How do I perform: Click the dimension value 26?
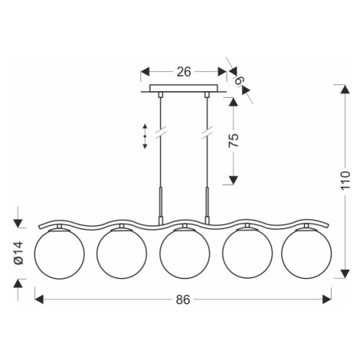[184, 72]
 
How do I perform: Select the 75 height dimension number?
[234, 140]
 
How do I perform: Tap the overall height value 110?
[345, 180]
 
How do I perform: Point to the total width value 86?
[183, 299]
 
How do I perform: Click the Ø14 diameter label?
[19, 253]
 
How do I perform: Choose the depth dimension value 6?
[239, 81]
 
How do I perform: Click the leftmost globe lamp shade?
[59, 254]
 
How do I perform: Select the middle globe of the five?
[185, 254]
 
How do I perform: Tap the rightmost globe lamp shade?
[306, 254]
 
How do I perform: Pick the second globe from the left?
[122, 254]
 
